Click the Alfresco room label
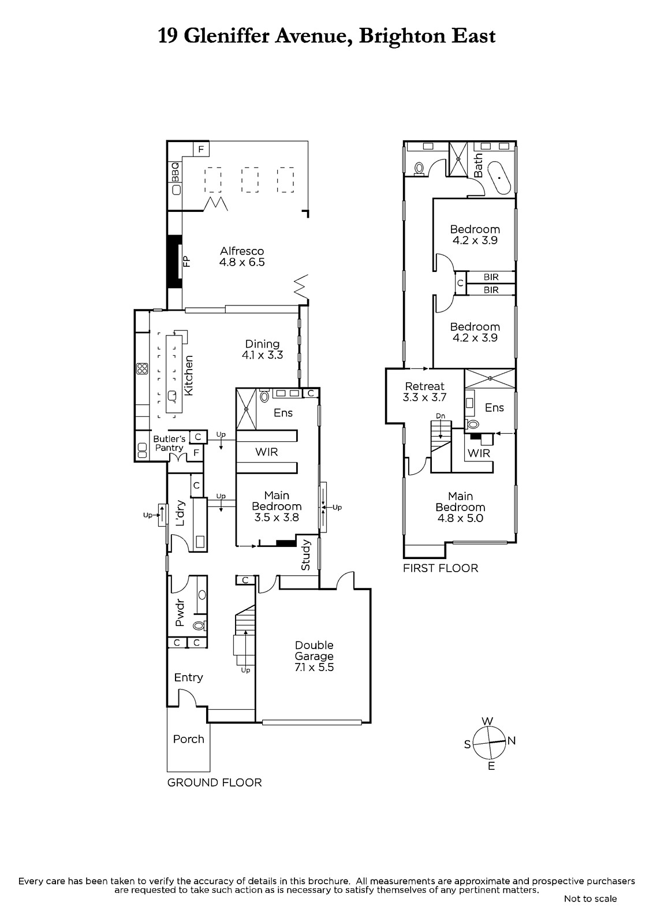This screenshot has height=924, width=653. (242, 256)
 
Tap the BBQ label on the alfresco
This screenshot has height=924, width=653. (176, 172)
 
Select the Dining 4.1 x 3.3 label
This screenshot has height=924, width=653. (262, 349)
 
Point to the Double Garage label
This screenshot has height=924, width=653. (314, 650)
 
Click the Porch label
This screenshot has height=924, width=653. (189, 739)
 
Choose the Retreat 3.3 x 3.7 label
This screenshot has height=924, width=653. (424, 392)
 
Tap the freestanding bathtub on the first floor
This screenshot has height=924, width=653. (500, 178)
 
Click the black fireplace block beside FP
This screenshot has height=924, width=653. (174, 262)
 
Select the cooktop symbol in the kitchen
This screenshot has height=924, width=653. (142, 368)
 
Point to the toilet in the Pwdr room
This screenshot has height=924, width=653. (199, 626)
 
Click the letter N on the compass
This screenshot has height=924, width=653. (512, 740)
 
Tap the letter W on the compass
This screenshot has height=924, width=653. (487, 721)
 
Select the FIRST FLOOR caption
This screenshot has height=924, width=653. (441, 568)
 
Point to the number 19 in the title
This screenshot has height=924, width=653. (169, 36)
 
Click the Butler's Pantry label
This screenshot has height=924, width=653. (169, 443)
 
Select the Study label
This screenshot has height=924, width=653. (305, 555)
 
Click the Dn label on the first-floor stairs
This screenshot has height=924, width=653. (441, 416)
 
